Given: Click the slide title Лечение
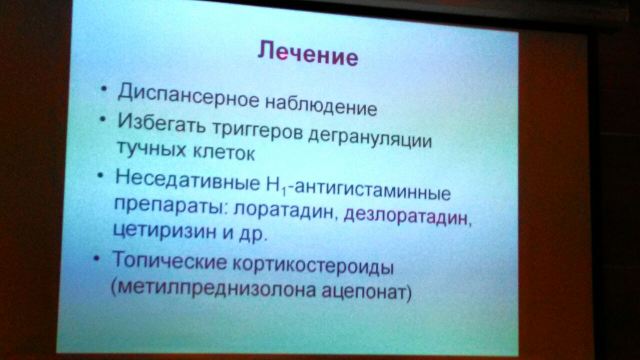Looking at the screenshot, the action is [x=307, y=54].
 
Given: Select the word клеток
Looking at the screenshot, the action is [x=223, y=152].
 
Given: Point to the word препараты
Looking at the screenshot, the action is [x=168, y=206].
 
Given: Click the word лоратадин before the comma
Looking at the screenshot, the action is [x=283, y=211].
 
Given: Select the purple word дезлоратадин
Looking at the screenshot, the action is [x=405, y=217].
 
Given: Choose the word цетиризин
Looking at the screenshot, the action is [x=164, y=231].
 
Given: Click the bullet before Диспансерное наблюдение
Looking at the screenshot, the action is [x=104, y=88].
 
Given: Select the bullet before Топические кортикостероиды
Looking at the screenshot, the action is [x=97, y=257].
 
